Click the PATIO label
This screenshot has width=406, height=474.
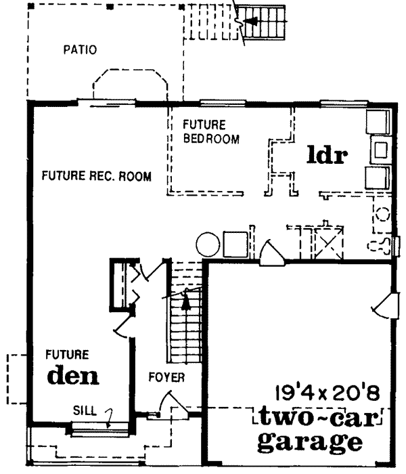point(80,49)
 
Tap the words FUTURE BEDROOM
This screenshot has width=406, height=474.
point(212,132)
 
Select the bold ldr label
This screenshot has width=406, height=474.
point(327,155)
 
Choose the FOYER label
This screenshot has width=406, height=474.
point(166,376)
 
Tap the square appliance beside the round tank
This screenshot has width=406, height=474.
point(234,243)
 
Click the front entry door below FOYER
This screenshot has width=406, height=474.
point(171,408)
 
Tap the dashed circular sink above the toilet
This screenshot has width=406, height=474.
point(382,215)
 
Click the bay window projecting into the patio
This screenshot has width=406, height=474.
point(129,85)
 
